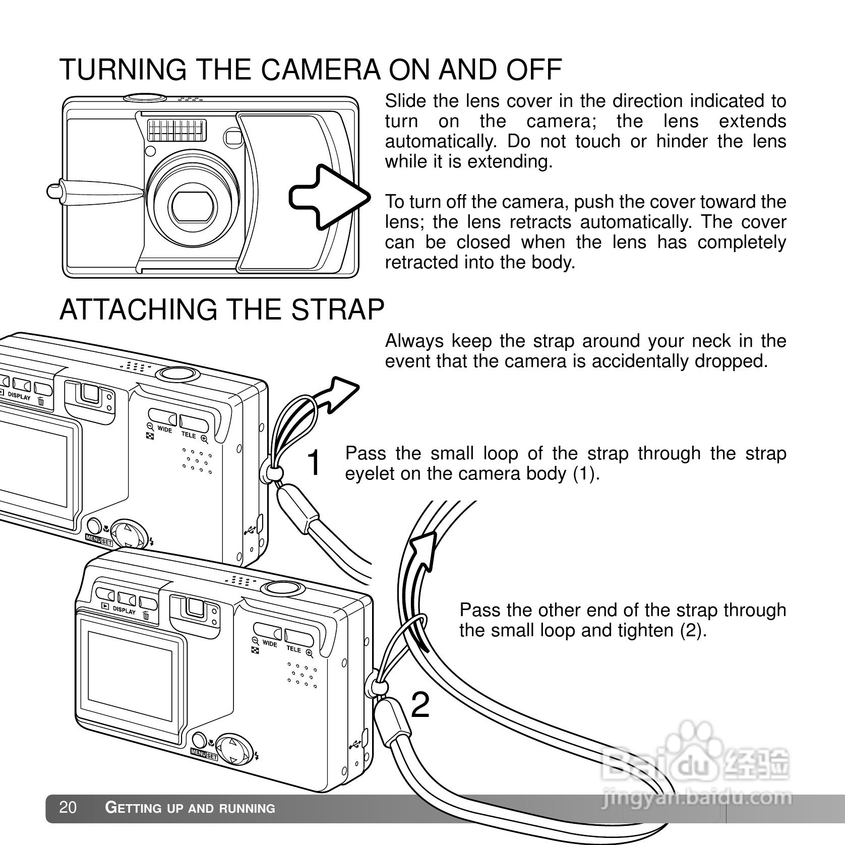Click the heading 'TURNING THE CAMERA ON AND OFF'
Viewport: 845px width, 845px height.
[x=311, y=70]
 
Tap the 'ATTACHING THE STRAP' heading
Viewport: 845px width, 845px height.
[x=222, y=310]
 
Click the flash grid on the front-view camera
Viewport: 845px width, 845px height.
[x=177, y=130]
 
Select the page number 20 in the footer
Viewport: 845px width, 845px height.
[x=68, y=808]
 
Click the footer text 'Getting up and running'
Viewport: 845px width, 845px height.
[x=190, y=808]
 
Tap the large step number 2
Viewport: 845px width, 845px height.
[x=420, y=705]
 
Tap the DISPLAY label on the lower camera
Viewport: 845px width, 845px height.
[x=125, y=610]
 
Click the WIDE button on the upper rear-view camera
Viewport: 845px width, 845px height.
[x=162, y=418]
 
